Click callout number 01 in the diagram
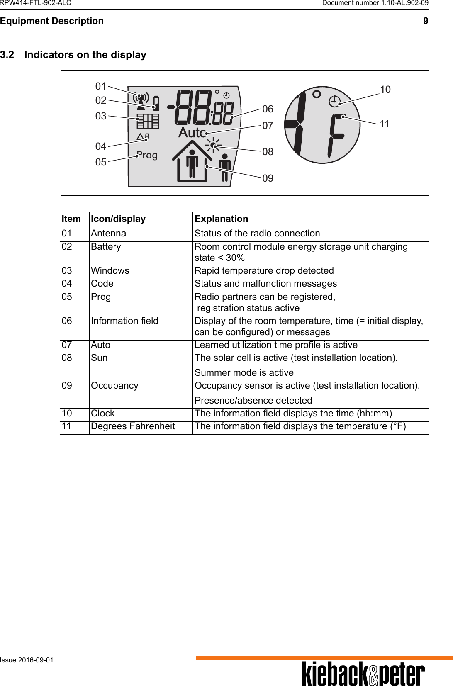pyautogui.click(x=101, y=86)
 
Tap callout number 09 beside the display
pyautogui.click(x=268, y=178)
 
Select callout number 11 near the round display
pyautogui.click(x=385, y=124)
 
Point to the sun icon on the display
pyautogui.click(x=213, y=145)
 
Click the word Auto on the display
pyautogui.click(x=192, y=133)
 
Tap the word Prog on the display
pyautogui.click(x=147, y=156)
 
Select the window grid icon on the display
pyautogui.click(x=148, y=121)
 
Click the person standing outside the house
pyautogui.click(x=224, y=167)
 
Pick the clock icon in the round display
pyautogui.click(x=334, y=101)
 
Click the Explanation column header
pyautogui.click(x=222, y=219)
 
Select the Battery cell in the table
pyautogui.click(x=106, y=247)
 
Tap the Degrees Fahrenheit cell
pyautogui.click(x=133, y=426)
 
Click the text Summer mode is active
pyautogui.click(x=244, y=372)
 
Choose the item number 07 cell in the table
pyautogui.click(x=67, y=345)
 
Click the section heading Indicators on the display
pyautogui.click(x=85, y=55)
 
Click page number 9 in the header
pyautogui.click(x=425, y=21)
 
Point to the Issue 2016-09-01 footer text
pyautogui.click(x=27, y=660)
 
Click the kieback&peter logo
pyautogui.click(x=363, y=674)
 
